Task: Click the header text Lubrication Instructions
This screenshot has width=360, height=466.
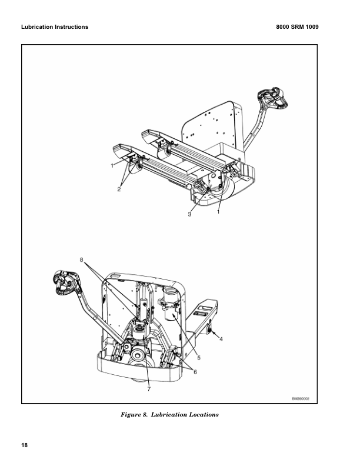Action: coord(55,26)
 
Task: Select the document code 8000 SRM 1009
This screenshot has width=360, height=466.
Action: coord(297,26)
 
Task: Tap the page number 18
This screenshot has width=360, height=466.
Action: coord(24,445)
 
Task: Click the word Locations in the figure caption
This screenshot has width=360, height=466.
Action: coord(204,415)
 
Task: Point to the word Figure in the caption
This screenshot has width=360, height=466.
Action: coord(129,415)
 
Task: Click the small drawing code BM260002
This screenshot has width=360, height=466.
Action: coord(301,398)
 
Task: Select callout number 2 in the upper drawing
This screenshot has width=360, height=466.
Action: coord(119,189)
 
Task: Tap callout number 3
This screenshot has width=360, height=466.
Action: coord(189,214)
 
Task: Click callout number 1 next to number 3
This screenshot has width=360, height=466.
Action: coord(218,212)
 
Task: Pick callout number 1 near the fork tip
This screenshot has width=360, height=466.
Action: coord(112,165)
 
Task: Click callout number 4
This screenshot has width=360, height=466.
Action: coord(221,339)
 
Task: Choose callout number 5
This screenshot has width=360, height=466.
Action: coord(199,358)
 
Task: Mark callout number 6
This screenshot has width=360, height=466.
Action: coord(195,372)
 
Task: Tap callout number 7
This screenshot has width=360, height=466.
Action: coord(149,389)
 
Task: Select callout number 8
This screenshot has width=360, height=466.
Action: coord(81,259)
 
